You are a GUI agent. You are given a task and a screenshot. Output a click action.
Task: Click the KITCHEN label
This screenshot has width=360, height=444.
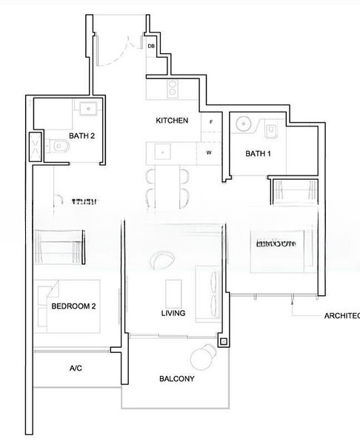[x=172, y=121]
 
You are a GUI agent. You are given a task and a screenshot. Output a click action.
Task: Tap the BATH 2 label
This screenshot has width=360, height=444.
[x=81, y=135]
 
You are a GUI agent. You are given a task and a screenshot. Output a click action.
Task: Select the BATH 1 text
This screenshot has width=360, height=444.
[x=259, y=154]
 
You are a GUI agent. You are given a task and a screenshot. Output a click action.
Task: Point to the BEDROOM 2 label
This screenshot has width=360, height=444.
[x=73, y=306]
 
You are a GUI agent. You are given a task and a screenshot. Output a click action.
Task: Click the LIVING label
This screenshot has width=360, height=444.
[x=173, y=314]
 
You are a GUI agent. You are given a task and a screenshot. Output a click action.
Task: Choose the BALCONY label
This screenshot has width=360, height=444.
[x=176, y=379]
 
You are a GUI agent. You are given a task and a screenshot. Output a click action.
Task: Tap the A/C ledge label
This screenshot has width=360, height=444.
[x=76, y=368]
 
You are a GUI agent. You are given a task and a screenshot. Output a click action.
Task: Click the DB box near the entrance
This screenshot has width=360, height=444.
[x=151, y=46]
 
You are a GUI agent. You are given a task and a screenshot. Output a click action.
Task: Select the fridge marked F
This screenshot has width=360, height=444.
[x=211, y=121]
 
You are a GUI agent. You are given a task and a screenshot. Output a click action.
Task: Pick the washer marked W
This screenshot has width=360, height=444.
[x=210, y=153]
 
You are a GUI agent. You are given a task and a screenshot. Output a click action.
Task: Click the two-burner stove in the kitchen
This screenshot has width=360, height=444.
[x=173, y=90]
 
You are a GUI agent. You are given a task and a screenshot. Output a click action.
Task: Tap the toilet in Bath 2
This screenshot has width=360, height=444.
[x=59, y=147]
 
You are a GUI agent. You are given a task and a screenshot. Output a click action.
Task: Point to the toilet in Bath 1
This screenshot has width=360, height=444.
[x=271, y=131]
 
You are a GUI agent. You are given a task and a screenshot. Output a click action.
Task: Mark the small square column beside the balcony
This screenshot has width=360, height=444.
[x=224, y=342]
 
